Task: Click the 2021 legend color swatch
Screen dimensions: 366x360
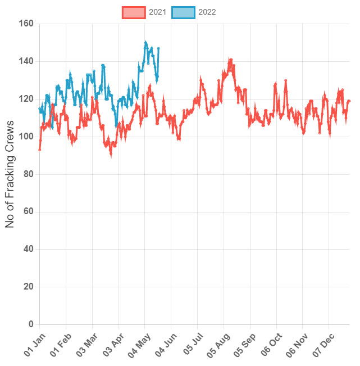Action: pos(134,12)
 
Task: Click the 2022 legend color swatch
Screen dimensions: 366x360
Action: pos(183,12)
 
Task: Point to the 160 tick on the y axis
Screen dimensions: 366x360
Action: pos(26,24)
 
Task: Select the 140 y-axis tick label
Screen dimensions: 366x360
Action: pos(26,61)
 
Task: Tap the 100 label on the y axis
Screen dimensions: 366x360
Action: pos(26,137)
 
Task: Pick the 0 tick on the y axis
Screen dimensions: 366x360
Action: pos(31,324)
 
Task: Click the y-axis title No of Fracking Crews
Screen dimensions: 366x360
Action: pos(10,174)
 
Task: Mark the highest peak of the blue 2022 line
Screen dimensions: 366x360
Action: pos(145,42)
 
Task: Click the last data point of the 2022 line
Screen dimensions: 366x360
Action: pos(159,48)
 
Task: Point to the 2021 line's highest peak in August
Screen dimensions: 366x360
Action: pos(230,59)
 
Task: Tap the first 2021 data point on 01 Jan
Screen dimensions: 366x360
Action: pos(39,150)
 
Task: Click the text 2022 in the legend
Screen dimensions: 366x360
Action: pos(207,12)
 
